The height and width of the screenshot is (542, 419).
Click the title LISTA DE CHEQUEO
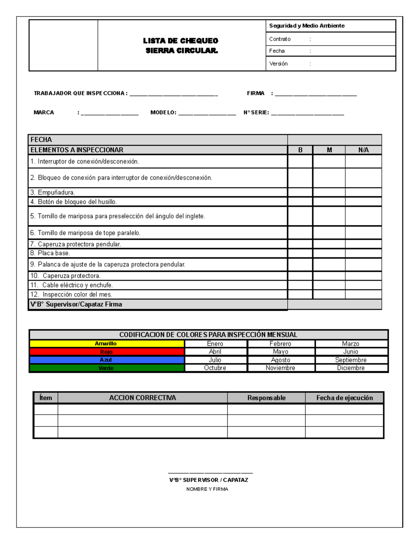[181, 41]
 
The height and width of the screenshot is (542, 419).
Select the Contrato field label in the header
[280, 39]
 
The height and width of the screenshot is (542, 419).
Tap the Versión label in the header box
[278, 64]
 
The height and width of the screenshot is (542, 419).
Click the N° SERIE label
[256, 112]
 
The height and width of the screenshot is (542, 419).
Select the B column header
[300, 150]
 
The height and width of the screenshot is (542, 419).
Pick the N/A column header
[363, 150]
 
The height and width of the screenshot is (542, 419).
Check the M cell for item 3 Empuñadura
[329, 192]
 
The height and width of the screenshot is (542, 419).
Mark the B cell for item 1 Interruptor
[300, 162]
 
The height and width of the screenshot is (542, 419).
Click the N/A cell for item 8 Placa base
[363, 253]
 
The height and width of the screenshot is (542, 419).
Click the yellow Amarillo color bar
[106, 344]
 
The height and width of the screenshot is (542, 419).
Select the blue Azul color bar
[106, 360]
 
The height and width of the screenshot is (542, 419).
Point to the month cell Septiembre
[351, 360]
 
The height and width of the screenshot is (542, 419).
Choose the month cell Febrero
[280, 344]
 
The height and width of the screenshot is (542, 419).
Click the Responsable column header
[266, 398]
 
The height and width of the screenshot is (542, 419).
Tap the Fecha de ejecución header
[344, 398]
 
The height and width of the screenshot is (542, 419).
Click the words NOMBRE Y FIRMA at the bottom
[207, 489]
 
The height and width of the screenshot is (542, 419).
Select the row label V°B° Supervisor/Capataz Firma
[76, 304]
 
